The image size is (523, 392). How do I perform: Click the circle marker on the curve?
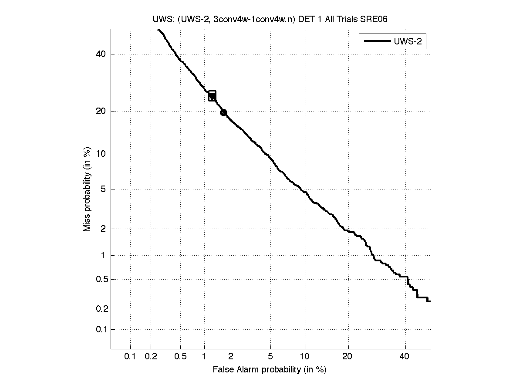pyautogui.click(x=223, y=112)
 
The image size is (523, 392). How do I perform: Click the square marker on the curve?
pyautogui.click(x=212, y=96)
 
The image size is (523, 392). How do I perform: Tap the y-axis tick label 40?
pyautogui.click(x=101, y=54)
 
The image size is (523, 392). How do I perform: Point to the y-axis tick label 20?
pyautogui.click(x=101, y=112)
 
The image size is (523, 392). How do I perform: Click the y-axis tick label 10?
pyautogui.click(x=101, y=154)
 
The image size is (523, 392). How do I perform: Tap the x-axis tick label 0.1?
pyautogui.click(x=130, y=357)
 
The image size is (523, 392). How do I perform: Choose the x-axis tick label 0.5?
pyautogui.click(x=180, y=357)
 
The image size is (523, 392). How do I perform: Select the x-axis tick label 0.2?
pyautogui.click(x=151, y=357)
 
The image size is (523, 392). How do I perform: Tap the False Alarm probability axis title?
pyautogui.click(x=270, y=370)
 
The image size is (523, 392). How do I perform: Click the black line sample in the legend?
pyautogui.click(x=376, y=41)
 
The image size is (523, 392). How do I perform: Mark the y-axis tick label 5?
pyautogui.click(x=103, y=189)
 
